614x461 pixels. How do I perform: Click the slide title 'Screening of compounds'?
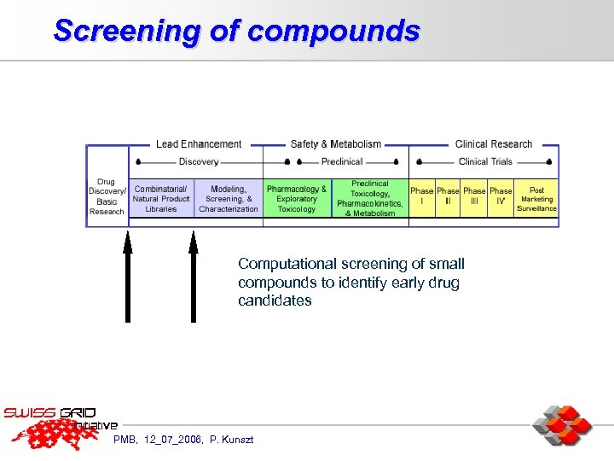[236, 31]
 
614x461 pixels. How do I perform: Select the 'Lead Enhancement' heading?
[199, 144]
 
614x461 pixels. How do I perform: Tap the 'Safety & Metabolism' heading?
[335, 144]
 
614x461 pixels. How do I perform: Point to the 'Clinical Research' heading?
[493, 144]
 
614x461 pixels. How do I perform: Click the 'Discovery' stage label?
[199, 161]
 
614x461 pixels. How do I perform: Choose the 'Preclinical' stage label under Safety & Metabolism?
[341, 161]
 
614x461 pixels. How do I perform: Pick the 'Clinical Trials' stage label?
[485, 161]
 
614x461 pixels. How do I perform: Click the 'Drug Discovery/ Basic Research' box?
[107, 197]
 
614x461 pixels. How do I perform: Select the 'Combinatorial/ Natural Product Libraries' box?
[161, 199]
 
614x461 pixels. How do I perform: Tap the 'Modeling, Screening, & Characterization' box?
[229, 199]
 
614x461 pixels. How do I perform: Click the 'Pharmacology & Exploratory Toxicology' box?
[297, 199]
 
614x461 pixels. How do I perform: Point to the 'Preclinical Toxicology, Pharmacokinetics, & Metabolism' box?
[370, 198]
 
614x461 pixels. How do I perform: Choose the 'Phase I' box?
[421, 196]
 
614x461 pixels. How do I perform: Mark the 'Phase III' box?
[474, 196]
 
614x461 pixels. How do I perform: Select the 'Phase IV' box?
[501, 196]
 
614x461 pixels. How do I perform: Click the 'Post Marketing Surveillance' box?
[536, 199]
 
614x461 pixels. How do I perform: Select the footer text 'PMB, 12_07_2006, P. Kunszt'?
[177, 440]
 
